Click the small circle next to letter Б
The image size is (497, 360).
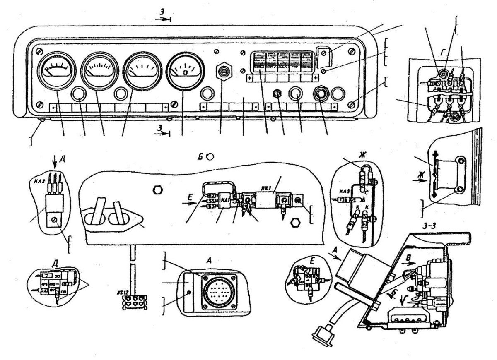pyautogui.click(x=210, y=157)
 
